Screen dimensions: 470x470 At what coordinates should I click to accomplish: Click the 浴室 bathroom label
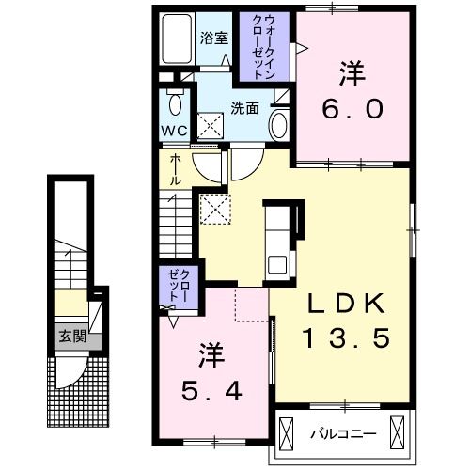pos(213,39)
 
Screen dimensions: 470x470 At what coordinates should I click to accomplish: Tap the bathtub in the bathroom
pos(176,42)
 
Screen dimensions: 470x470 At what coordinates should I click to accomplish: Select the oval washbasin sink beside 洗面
pos(279,123)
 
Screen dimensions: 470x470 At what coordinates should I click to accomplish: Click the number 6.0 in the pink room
pos(353,108)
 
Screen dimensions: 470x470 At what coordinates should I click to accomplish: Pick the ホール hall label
pos(176,170)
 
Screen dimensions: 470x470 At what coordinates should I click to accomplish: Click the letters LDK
pos(345,305)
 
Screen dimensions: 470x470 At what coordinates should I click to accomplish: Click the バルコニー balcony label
pos(344,433)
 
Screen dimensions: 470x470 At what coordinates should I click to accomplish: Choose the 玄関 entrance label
pos(69,337)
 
